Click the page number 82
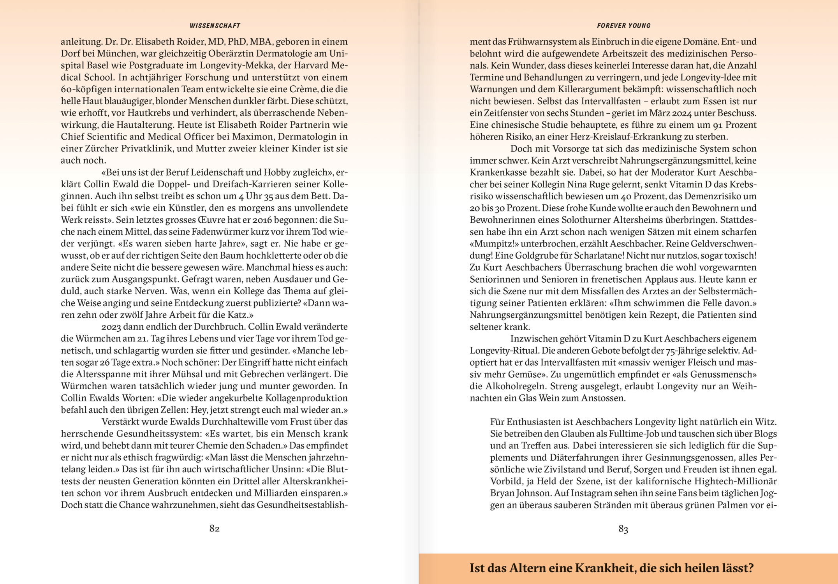215,528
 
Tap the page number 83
623,529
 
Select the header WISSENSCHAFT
215,26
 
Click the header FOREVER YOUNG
623,26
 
